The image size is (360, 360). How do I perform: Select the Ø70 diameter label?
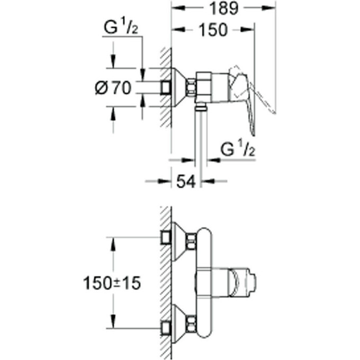tap(113, 87)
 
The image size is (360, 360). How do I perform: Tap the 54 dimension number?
tap(186, 182)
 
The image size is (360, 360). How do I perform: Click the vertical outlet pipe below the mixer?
tap(200, 138)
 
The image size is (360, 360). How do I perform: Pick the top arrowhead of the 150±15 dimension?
tap(113, 241)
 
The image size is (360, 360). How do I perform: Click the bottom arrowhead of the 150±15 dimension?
tap(113, 324)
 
